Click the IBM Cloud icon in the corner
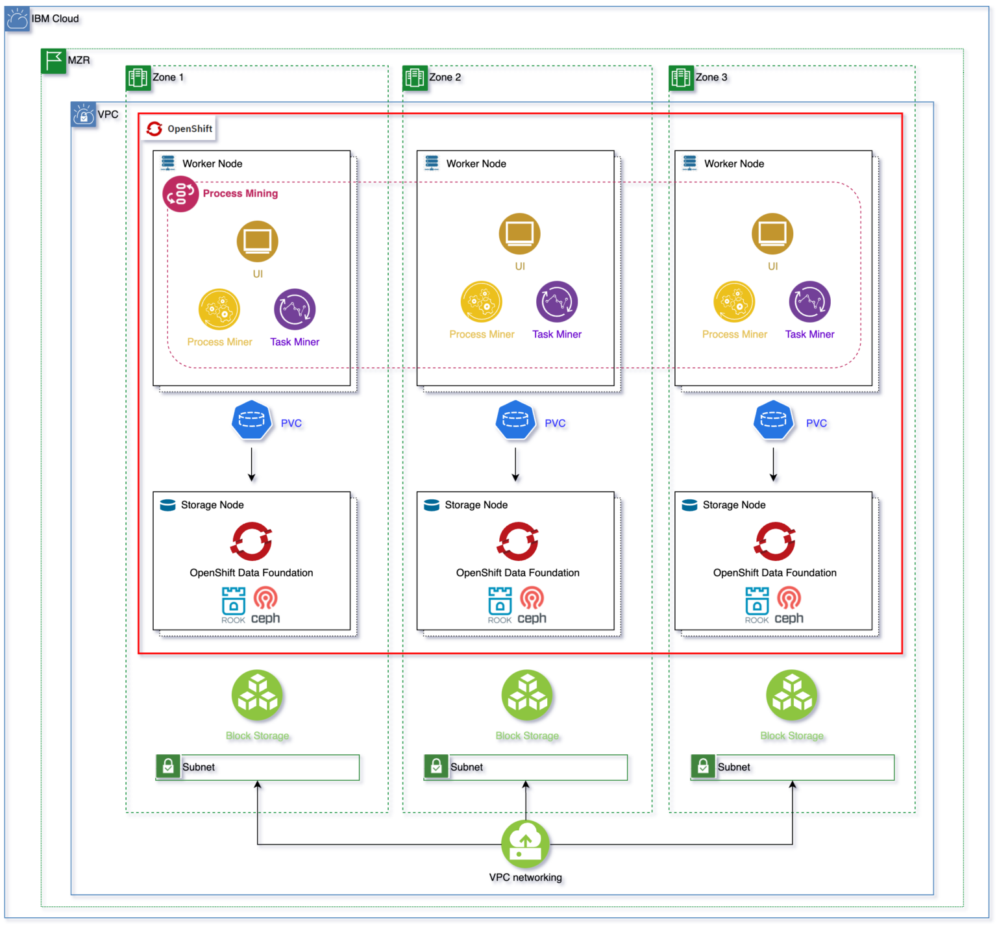(x=18, y=19)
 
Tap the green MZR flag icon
(x=53, y=60)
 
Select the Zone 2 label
(x=445, y=77)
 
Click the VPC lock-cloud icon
(x=84, y=115)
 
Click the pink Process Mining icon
(x=180, y=194)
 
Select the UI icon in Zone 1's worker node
(x=257, y=241)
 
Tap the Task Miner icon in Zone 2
(x=556, y=302)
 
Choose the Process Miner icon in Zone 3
(x=734, y=302)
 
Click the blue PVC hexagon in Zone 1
(x=252, y=421)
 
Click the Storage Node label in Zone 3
(x=733, y=505)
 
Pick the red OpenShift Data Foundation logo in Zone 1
(x=252, y=541)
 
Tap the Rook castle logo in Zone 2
(x=500, y=601)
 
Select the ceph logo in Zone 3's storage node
(x=789, y=606)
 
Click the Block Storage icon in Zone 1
(x=257, y=696)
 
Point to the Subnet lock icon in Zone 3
(x=703, y=767)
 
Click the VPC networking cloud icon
(x=525, y=844)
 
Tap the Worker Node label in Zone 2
(x=476, y=164)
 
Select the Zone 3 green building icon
(x=681, y=78)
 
